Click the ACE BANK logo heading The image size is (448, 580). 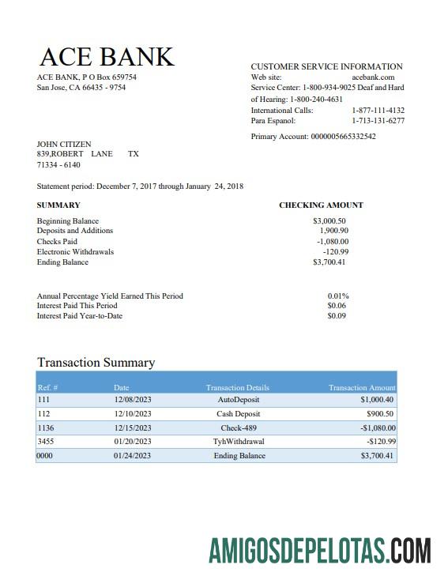coord(106,57)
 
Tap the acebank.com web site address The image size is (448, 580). coord(372,77)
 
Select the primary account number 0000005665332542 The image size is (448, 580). coord(343,137)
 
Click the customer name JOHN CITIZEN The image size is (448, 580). coord(64,145)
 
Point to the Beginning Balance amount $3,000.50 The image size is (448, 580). coord(329,221)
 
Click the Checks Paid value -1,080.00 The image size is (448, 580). coord(333,242)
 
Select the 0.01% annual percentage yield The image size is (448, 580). coord(338,296)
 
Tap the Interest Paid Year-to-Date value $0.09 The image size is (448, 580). coord(337,316)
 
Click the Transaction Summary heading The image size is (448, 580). coord(96,363)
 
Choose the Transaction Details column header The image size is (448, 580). coord(237,388)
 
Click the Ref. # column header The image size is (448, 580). coord(48,388)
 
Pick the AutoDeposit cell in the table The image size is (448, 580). coord(238,401)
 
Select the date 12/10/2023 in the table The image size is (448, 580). coord(131,414)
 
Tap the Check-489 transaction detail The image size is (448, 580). coord(238,427)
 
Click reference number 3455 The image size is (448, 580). coord(46,442)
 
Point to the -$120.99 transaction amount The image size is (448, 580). coord(381,442)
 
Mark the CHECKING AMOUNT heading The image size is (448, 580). coord(321,205)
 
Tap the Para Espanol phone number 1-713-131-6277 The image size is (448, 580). coord(378,122)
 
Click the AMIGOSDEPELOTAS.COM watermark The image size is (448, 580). coord(319,550)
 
